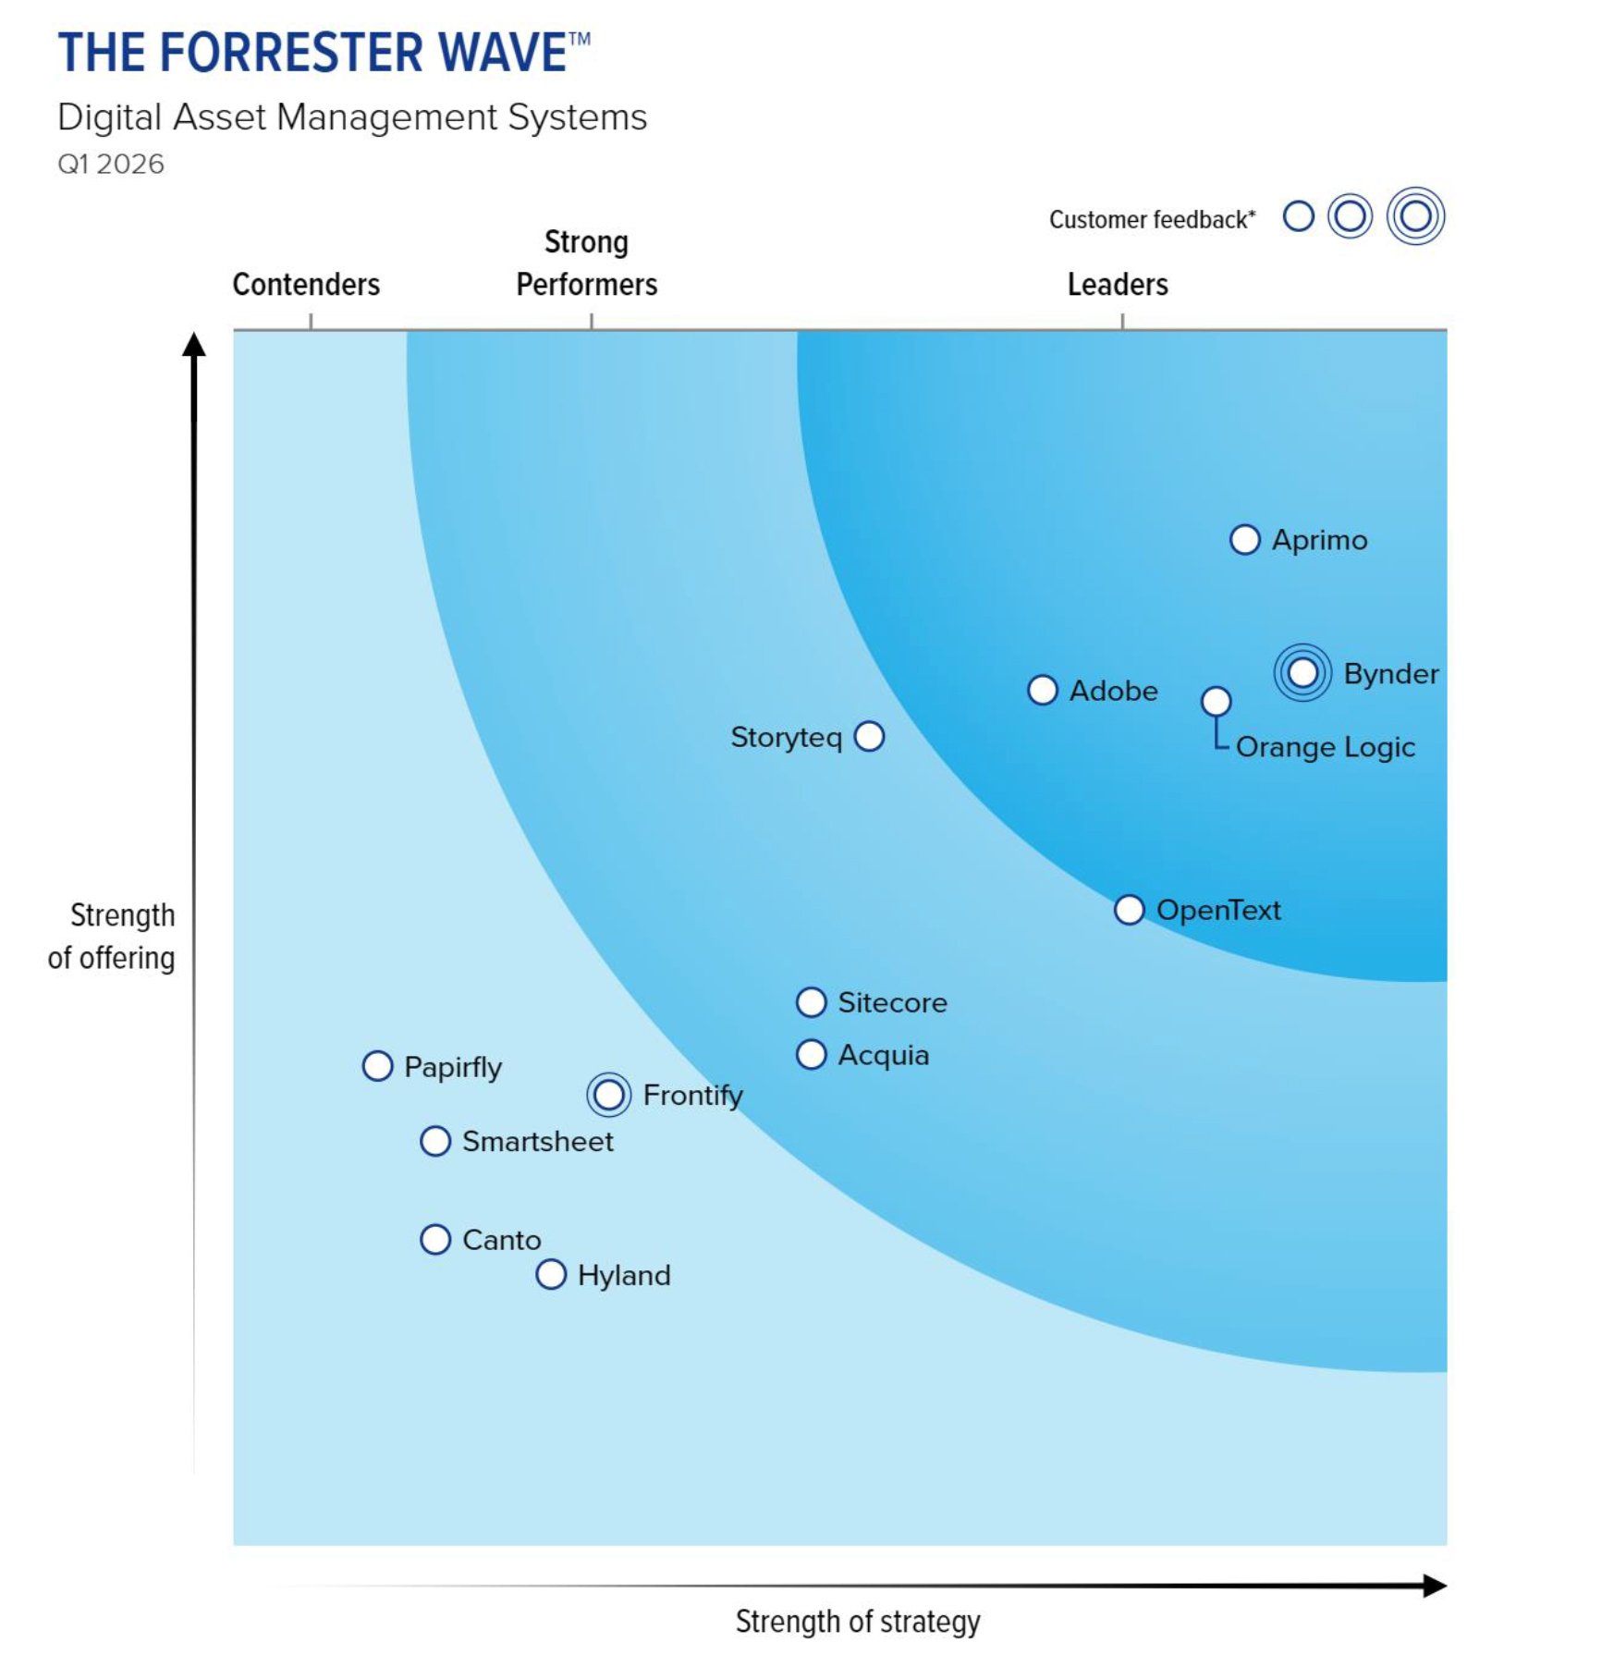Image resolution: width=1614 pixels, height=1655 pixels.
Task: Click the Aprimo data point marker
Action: click(x=1244, y=540)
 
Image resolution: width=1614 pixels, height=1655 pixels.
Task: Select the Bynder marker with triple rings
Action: click(x=1302, y=673)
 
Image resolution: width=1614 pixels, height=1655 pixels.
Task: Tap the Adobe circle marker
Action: click(x=1043, y=690)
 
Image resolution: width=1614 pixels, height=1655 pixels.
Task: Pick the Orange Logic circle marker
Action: click(x=1216, y=702)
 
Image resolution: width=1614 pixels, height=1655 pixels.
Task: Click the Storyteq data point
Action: click(x=869, y=737)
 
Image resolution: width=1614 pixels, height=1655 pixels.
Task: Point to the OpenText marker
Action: click(x=1129, y=910)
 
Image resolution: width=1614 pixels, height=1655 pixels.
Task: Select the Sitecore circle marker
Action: click(x=811, y=1002)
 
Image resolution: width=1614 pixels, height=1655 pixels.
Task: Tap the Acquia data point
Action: click(x=811, y=1055)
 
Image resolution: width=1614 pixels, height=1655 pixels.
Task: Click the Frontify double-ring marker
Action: click(x=608, y=1095)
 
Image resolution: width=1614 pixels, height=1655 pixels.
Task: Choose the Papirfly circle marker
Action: click(x=377, y=1066)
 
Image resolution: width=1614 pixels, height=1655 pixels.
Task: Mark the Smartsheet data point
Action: click(x=435, y=1141)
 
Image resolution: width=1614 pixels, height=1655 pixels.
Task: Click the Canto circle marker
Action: click(x=435, y=1239)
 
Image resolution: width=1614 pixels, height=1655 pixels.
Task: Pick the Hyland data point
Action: click(x=551, y=1274)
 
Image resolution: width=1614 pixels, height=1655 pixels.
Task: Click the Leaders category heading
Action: click(x=1118, y=285)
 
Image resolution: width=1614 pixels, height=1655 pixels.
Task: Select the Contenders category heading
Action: click(x=306, y=285)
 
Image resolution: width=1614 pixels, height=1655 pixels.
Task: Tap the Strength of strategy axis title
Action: click(x=857, y=1621)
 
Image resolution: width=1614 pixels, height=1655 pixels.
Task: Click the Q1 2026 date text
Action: click(x=111, y=165)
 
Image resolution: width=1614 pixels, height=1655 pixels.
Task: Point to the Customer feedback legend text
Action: click(x=1152, y=220)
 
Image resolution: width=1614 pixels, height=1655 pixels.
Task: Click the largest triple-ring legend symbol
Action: click(x=1415, y=216)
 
